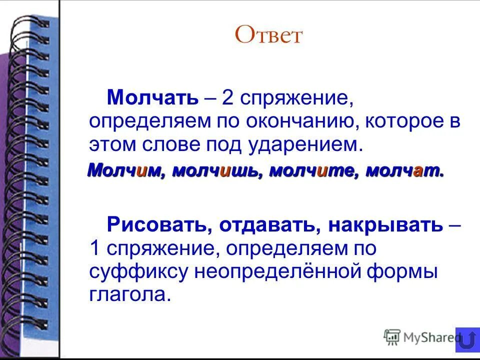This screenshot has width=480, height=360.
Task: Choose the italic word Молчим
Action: tap(126, 171)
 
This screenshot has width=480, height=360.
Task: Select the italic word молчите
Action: tap(313, 171)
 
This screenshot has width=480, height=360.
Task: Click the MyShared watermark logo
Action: tap(420, 337)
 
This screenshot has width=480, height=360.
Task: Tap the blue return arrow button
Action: tap(467, 340)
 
